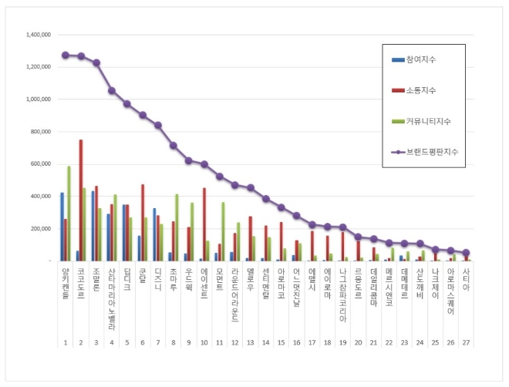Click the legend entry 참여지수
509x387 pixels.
[422, 59]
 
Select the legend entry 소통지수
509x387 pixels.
[420, 90]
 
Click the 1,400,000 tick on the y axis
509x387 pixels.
[38, 35]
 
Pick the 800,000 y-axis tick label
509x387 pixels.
[39, 132]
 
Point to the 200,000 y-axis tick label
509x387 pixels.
[39, 229]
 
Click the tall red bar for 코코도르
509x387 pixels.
[80, 200]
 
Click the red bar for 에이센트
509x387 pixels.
[204, 224]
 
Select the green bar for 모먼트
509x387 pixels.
[223, 231]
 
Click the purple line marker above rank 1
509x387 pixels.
[65, 55]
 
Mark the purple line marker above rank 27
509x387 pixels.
[466, 252]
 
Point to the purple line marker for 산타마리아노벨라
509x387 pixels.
[111, 90]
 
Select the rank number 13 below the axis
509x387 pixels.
[250, 342]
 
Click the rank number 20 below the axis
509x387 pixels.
[358, 342]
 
